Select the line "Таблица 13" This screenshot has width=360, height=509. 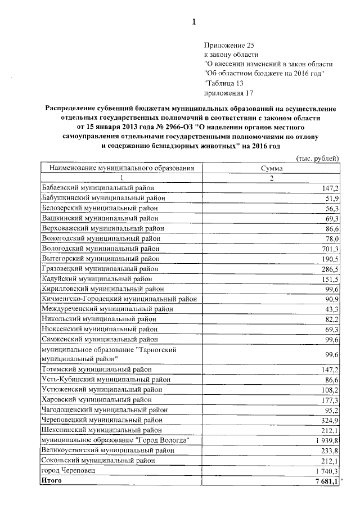(223, 83)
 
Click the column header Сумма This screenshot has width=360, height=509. (271, 168)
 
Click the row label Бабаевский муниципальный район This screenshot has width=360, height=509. (98, 187)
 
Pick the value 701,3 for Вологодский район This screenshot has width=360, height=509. (329, 248)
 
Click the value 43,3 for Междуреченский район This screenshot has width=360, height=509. (331, 309)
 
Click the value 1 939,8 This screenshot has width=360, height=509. (326, 439)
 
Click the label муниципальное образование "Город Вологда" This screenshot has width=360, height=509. (115, 439)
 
